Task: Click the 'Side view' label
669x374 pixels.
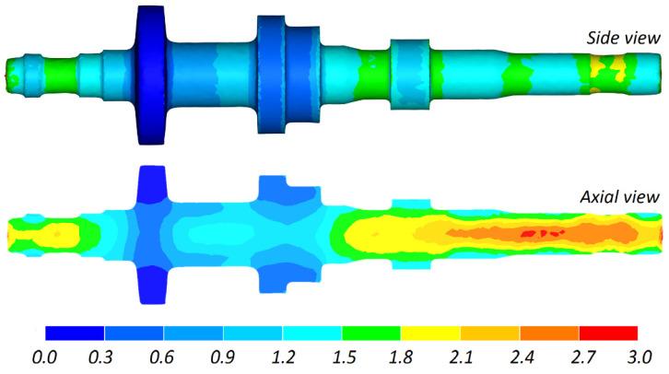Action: click(x=623, y=39)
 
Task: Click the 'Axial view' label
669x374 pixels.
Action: click(x=619, y=197)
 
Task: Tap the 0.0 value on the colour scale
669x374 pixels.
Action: click(x=45, y=356)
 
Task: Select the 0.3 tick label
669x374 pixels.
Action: click(x=100, y=356)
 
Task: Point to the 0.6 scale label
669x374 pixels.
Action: click(x=161, y=356)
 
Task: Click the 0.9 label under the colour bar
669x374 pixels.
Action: click(x=222, y=356)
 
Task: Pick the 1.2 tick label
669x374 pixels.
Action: click(x=283, y=356)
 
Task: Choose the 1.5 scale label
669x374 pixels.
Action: click(x=344, y=356)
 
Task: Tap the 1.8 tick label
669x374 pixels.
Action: click(x=401, y=356)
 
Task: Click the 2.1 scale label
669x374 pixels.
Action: click(x=461, y=356)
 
